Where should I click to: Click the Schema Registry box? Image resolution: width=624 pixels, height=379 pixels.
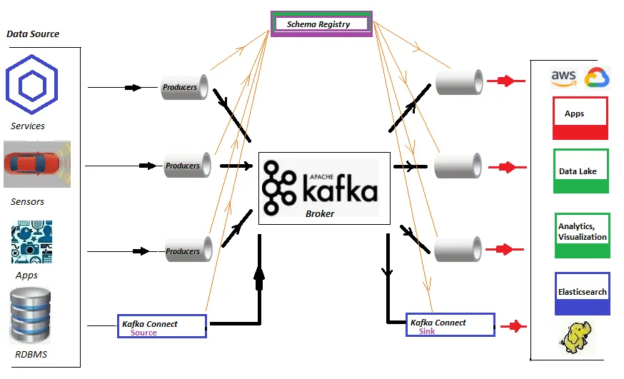pos(321,24)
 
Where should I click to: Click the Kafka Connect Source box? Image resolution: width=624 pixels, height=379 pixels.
pos(162,326)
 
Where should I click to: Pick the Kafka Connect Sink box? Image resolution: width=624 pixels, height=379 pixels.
pos(450,325)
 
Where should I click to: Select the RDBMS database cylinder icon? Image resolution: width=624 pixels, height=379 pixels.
pos(30,315)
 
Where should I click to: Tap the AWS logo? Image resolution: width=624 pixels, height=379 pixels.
pos(564,78)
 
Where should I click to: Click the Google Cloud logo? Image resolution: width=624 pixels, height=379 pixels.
pos(596,78)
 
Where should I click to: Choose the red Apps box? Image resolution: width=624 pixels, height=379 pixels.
pos(580,118)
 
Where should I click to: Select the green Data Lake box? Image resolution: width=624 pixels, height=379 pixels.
pos(581,171)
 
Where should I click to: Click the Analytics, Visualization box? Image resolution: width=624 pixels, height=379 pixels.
pos(583,235)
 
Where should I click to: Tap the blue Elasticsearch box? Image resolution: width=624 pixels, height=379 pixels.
pos(583,293)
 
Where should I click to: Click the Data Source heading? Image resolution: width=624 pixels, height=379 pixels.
pos(33,34)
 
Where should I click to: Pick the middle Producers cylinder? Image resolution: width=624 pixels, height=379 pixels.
pos(188,166)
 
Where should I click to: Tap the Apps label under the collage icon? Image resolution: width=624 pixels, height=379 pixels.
pos(26,276)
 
